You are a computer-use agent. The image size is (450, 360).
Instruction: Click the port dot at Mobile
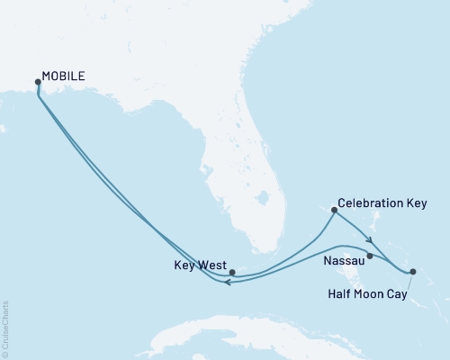[x=38, y=82]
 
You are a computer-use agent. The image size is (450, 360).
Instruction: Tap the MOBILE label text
[x=64, y=76]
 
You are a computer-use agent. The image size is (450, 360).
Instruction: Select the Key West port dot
[x=231, y=272]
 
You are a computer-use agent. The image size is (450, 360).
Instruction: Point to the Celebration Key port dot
[x=334, y=211]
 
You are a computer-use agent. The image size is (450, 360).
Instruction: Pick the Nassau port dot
[x=370, y=256]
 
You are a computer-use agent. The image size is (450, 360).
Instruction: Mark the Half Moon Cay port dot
[x=412, y=271]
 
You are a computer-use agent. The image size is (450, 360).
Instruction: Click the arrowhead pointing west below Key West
[x=228, y=283]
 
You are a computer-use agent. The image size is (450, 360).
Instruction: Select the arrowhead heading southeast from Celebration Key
[x=368, y=239]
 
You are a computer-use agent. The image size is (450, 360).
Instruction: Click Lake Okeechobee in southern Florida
[x=263, y=196]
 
